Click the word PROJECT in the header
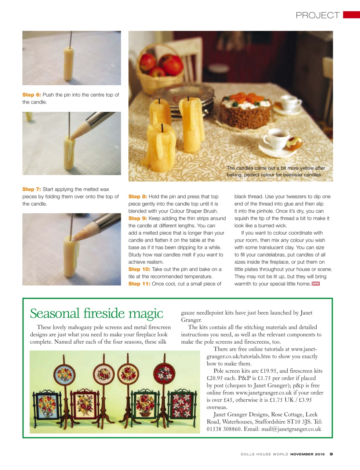(317, 15)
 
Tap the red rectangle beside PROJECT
(351, 15)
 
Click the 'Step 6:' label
(32, 95)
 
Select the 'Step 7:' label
(32, 189)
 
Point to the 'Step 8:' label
(138, 197)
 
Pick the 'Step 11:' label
(139, 284)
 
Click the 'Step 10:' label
(139, 269)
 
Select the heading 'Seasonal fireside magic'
(97, 313)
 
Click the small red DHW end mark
(316, 284)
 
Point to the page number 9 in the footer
(331, 454)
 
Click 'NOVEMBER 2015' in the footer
(308, 454)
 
